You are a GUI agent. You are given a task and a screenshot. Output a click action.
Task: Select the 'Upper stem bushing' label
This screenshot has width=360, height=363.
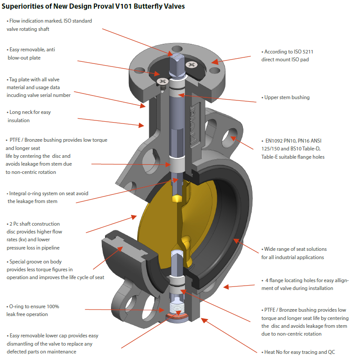(x=287, y=97)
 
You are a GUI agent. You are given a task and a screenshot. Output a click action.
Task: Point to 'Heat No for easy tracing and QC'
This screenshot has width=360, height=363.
(x=300, y=352)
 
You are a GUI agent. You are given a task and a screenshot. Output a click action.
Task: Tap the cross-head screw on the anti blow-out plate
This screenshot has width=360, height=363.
(x=192, y=65)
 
